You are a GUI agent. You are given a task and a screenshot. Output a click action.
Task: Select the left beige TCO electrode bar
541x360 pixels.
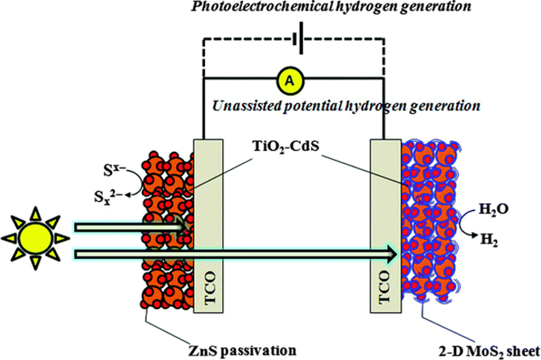[x=206, y=228]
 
